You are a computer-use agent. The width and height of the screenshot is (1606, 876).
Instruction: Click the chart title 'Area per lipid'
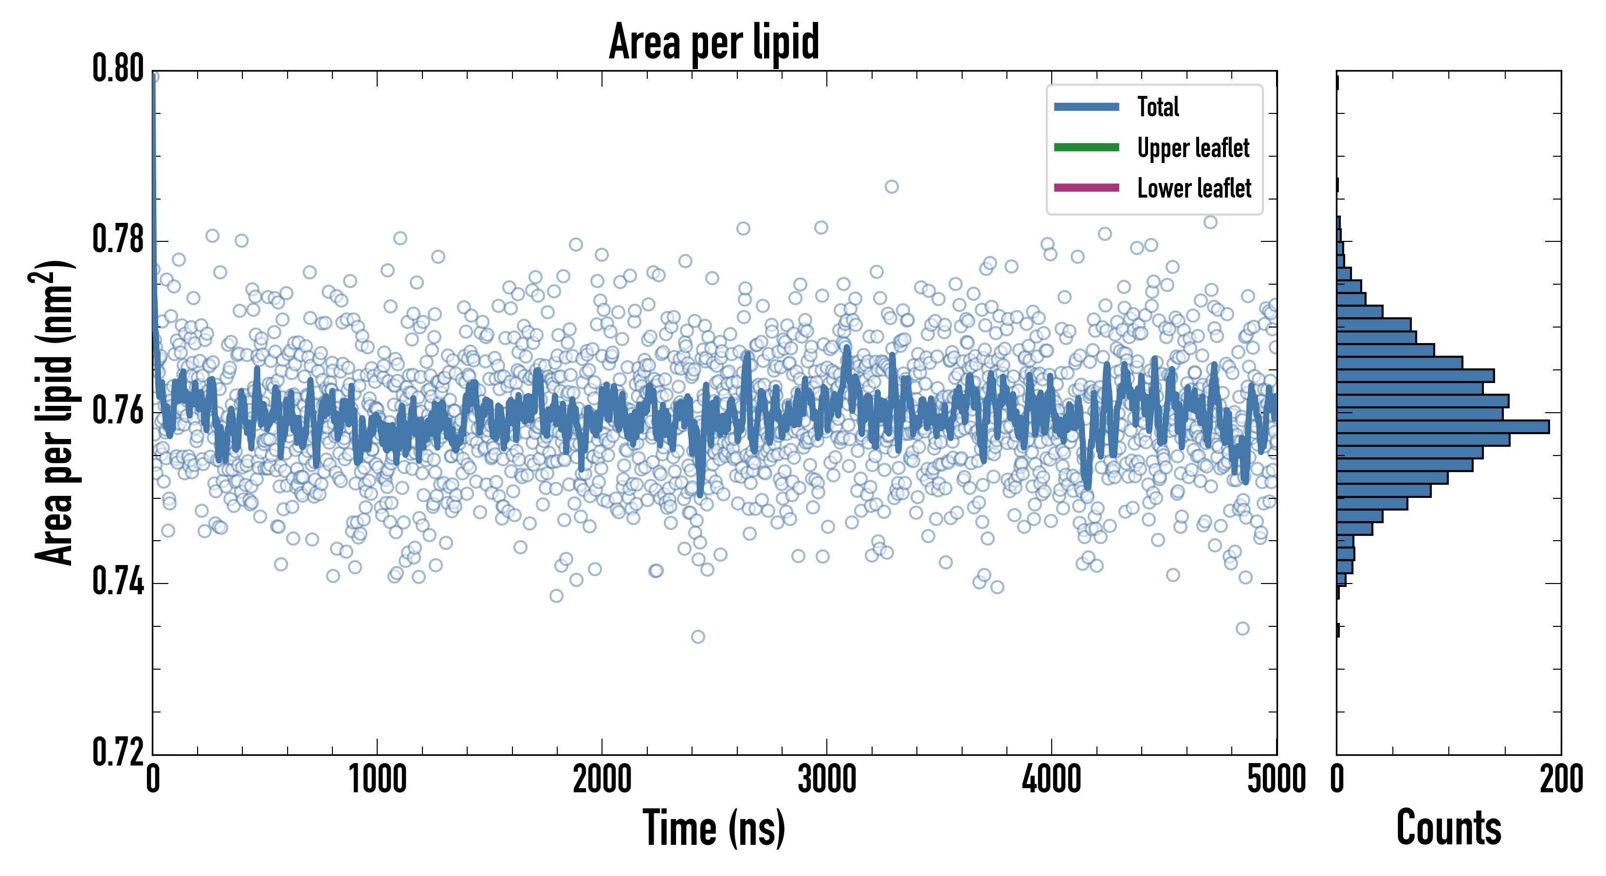click(x=714, y=42)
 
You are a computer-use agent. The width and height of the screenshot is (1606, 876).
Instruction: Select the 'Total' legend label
click(x=1158, y=107)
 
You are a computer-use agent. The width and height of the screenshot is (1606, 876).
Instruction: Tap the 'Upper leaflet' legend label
click(x=1193, y=148)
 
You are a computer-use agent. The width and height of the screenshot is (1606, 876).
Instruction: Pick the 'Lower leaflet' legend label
click(x=1194, y=188)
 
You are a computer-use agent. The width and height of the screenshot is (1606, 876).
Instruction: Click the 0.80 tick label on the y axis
click(x=118, y=69)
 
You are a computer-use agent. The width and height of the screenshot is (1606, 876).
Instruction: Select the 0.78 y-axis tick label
click(x=118, y=240)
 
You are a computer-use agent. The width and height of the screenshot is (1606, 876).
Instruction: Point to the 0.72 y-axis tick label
click(x=118, y=752)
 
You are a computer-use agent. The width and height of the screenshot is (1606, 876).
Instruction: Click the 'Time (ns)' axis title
click(x=714, y=828)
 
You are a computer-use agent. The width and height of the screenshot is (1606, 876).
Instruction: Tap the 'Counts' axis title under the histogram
click(x=1448, y=828)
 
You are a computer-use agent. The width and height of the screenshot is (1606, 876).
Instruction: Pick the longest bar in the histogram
click(x=1442, y=426)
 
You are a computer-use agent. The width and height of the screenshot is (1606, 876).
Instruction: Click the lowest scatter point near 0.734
click(x=698, y=637)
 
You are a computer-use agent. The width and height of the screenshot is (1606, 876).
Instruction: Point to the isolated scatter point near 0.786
click(x=892, y=186)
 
